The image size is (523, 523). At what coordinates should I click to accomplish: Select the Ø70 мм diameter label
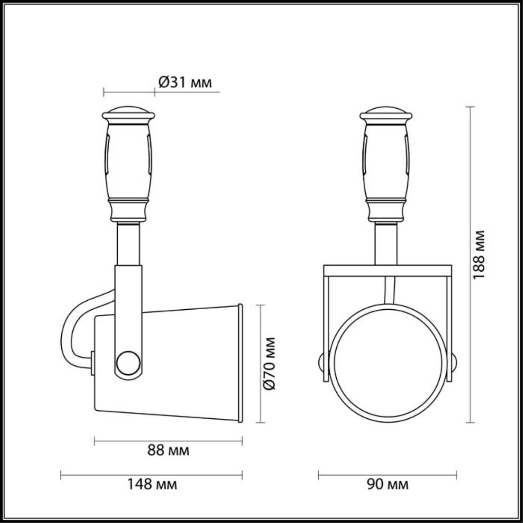269,363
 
